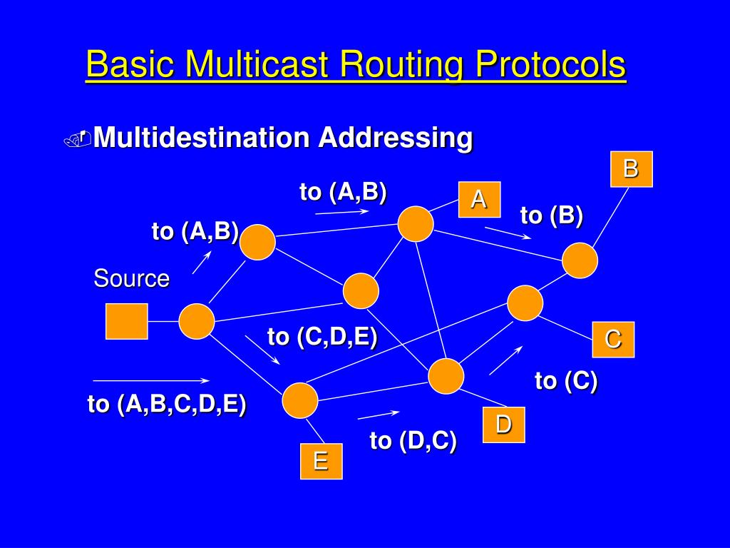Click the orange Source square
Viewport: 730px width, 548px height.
tap(127, 321)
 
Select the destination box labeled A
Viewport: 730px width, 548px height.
tap(479, 200)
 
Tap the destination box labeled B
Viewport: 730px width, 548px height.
tap(631, 169)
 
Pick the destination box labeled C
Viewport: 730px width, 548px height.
tap(613, 339)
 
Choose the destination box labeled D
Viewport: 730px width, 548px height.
tap(504, 425)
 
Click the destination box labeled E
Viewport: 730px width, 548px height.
tap(321, 461)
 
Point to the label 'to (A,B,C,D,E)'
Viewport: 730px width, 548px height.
tap(167, 404)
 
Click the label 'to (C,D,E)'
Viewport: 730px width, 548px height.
tap(322, 336)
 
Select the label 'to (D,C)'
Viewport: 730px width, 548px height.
tap(413, 441)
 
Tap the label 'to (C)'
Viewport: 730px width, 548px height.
tap(566, 381)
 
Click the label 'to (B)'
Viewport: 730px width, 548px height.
tap(552, 215)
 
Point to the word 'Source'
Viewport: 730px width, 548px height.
tap(132, 278)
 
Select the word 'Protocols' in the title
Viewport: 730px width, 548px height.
tap(550, 65)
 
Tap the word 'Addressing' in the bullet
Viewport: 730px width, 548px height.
tap(395, 136)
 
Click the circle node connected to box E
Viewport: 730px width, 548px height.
tap(300, 400)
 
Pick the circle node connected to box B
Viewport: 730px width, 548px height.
tap(580, 260)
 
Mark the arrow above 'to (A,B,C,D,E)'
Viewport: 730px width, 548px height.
tap(151, 380)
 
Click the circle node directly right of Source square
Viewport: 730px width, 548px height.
tap(196, 321)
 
